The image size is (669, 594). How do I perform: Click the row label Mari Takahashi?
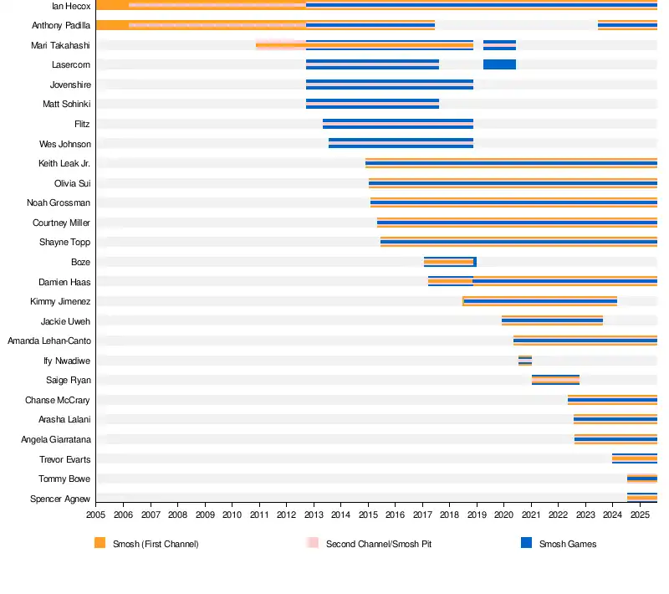pos(61,45)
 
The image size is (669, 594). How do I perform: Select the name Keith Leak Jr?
pos(64,163)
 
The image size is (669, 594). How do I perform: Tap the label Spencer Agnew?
pos(60,499)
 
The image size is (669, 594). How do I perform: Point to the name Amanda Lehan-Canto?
pos(49,341)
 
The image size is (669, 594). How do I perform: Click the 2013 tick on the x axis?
pos(314,517)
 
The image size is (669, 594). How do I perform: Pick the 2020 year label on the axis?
pos(503,517)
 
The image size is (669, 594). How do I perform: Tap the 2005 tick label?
pos(96,517)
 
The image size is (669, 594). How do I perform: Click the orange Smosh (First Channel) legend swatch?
pos(100,543)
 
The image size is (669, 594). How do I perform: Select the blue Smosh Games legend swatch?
pos(526,543)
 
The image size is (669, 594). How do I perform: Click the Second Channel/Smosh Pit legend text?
pos(378,544)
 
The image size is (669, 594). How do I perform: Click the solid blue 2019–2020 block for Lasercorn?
pos(499,64)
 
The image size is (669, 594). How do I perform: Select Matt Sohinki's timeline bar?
pos(372,104)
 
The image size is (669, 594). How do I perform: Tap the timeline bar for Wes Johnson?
pos(401,143)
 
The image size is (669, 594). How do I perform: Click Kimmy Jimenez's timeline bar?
pos(539,301)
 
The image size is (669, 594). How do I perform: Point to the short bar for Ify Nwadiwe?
pos(524,361)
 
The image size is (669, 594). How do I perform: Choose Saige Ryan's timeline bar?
pos(555,380)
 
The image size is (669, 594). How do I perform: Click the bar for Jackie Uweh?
pos(552,320)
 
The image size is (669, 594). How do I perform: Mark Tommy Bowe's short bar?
pos(641,479)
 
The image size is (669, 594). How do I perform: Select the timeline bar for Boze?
pos(450,262)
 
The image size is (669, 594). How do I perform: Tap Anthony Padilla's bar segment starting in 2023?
pos(627,25)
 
